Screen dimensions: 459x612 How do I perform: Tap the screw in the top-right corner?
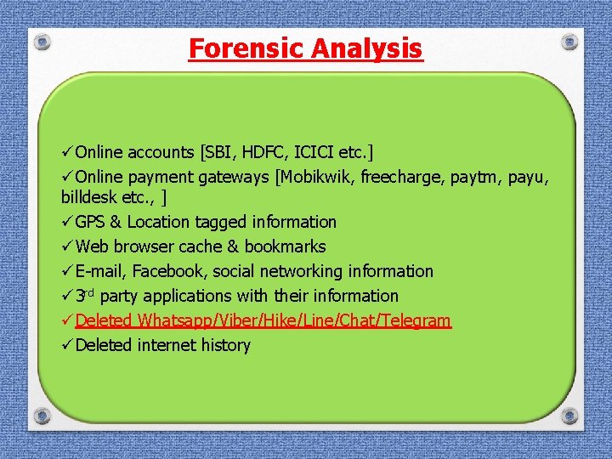[x=569, y=40]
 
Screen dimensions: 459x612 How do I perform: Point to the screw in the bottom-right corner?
[x=569, y=416]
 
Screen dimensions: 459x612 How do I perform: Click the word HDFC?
[x=265, y=152]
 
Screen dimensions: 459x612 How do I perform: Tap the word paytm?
[x=480, y=178]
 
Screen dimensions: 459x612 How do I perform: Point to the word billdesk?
[x=89, y=197]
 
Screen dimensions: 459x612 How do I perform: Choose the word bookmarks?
[x=285, y=246]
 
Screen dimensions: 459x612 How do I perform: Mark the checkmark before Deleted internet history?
[x=66, y=345]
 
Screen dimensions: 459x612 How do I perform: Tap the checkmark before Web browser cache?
[x=66, y=246]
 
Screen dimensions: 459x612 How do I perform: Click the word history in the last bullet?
[x=225, y=345]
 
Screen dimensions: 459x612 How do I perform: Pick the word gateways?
[x=232, y=178]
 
